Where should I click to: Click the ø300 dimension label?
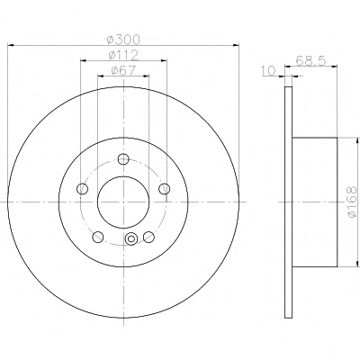[x=123, y=39]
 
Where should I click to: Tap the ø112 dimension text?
[x=123, y=55]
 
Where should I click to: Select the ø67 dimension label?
[x=123, y=70]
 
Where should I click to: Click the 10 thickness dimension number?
[x=268, y=71]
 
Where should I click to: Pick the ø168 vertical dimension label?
[x=352, y=202]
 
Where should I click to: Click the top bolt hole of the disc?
[x=123, y=159]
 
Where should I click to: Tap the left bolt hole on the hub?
[x=83, y=189]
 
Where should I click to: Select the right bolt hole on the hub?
[x=164, y=189]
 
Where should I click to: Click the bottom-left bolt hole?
[x=98, y=237]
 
